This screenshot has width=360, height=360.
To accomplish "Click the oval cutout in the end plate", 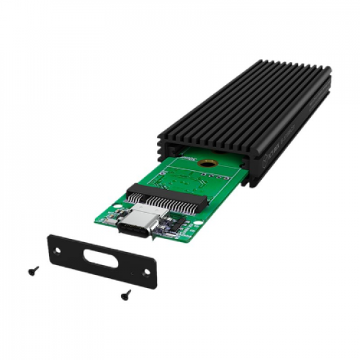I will tap(101, 256).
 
